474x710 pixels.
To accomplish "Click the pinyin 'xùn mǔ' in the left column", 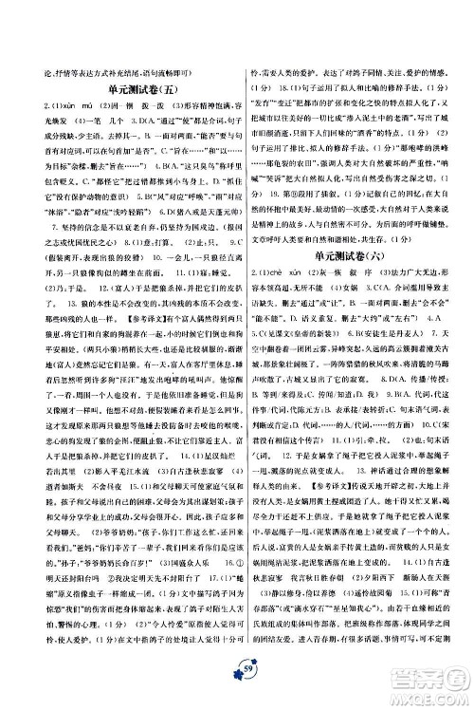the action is (x=51, y=106).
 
